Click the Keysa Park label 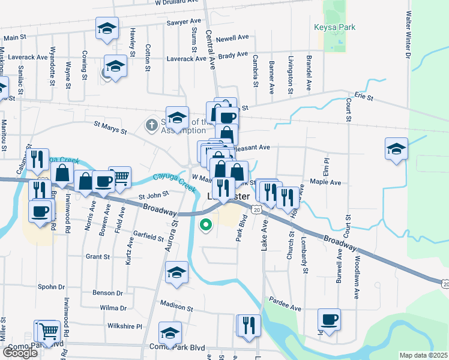tap(334, 27)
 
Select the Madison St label tap(176, 307)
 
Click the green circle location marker tap(205, 226)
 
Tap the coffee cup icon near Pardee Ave tap(328, 319)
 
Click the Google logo tap(20, 353)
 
